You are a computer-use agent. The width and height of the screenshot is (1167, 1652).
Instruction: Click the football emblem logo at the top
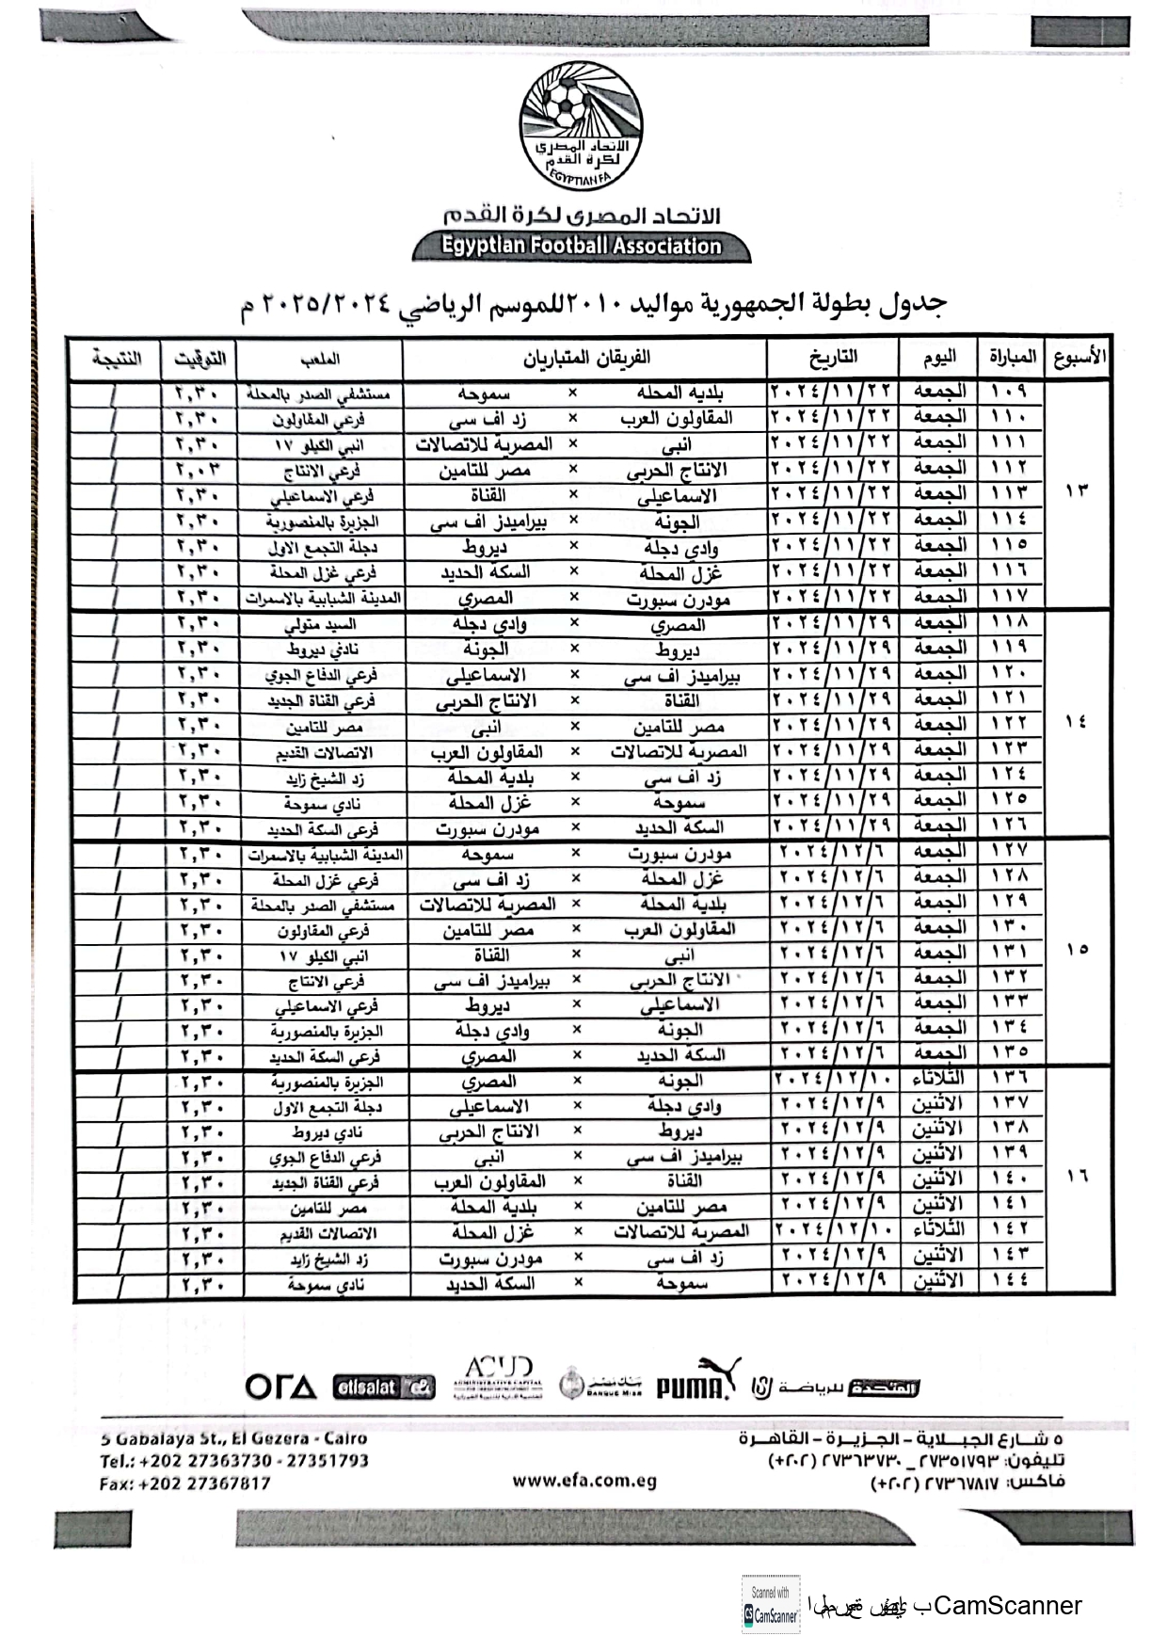point(582,123)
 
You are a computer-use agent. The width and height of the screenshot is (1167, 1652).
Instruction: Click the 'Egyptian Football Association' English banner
point(582,247)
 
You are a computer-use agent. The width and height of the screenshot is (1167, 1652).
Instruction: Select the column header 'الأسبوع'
point(1077,358)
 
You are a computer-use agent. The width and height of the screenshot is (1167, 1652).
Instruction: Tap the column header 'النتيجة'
point(117,359)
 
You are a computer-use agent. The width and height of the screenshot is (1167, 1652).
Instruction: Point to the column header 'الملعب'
point(320,359)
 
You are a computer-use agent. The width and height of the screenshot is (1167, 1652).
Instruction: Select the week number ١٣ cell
point(1077,491)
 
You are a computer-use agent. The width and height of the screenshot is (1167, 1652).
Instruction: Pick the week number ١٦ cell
point(1078,1177)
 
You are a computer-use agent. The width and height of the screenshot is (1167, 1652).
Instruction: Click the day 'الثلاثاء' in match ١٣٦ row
point(940,1078)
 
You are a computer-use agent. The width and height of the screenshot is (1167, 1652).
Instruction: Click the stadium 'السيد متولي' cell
point(320,624)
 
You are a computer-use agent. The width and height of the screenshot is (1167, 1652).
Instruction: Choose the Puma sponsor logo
point(697,1383)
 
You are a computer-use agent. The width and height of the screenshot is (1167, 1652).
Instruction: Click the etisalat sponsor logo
point(384,1387)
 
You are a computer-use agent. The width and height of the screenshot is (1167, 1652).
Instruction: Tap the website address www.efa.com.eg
point(584,1481)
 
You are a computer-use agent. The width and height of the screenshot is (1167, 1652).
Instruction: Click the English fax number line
point(184,1484)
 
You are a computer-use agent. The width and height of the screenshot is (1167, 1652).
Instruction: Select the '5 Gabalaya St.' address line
point(233,1438)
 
